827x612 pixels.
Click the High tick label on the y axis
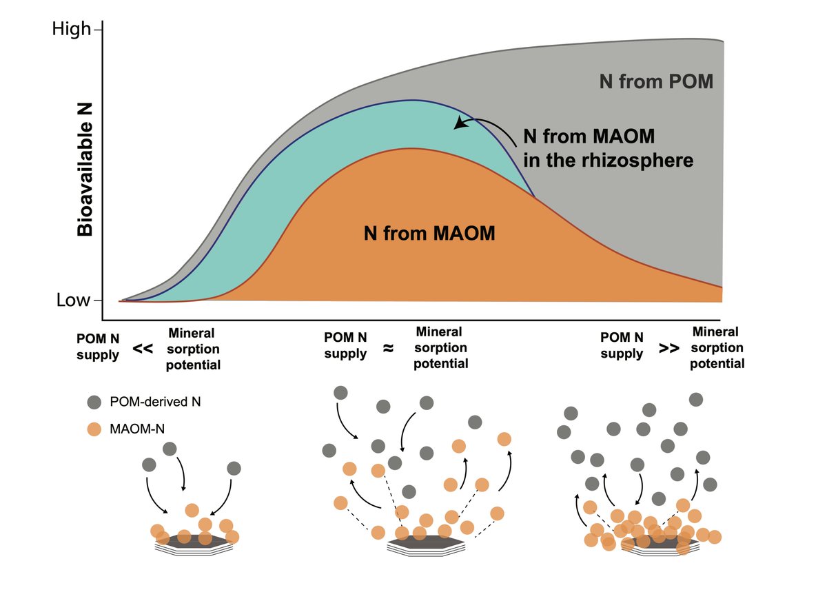click(x=71, y=29)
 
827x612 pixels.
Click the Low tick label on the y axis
click(x=73, y=300)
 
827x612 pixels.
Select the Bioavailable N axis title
click(x=85, y=170)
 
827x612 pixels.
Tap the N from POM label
click(x=656, y=81)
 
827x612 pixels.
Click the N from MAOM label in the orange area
click(x=429, y=233)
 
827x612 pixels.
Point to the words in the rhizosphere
click(x=608, y=161)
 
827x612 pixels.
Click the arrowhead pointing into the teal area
click(x=460, y=124)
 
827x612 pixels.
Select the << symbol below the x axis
click(x=143, y=349)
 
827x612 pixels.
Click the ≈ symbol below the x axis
click(x=388, y=348)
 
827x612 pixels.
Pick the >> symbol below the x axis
click(x=669, y=348)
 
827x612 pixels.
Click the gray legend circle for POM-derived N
click(x=94, y=402)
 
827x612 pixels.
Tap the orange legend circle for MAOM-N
click(x=94, y=429)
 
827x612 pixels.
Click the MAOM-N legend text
click(x=137, y=429)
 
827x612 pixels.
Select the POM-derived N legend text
click(x=155, y=402)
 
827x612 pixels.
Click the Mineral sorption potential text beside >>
click(x=717, y=347)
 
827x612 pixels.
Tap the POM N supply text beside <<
click(x=98, y=347)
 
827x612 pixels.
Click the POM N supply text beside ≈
click(x=345, y=345)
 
